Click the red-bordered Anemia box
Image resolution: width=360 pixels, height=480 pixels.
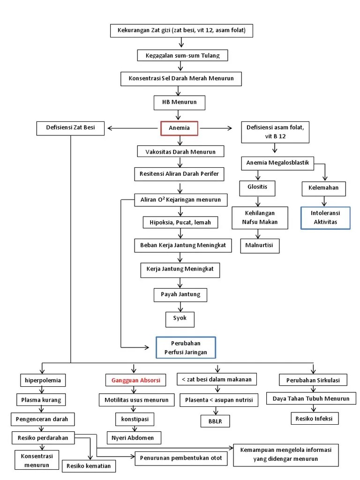coord(179,128)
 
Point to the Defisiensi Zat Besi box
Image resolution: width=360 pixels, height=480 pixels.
coord(70,128)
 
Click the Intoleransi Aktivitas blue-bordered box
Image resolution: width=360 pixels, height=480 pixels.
coord(325,218)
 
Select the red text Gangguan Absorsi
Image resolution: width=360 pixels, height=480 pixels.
coord(135,380)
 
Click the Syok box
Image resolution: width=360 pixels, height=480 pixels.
coord(180,318)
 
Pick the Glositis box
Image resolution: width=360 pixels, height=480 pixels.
coord(257,187)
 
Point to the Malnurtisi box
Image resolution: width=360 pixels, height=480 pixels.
coord(259,246)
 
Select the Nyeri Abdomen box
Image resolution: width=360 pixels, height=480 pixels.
coord(134,438)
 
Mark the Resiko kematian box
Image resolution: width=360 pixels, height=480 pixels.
coord(89,466)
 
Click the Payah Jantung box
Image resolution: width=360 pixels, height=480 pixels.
coord(180,294)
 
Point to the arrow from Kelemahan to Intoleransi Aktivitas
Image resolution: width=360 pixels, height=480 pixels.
coord(325,201)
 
